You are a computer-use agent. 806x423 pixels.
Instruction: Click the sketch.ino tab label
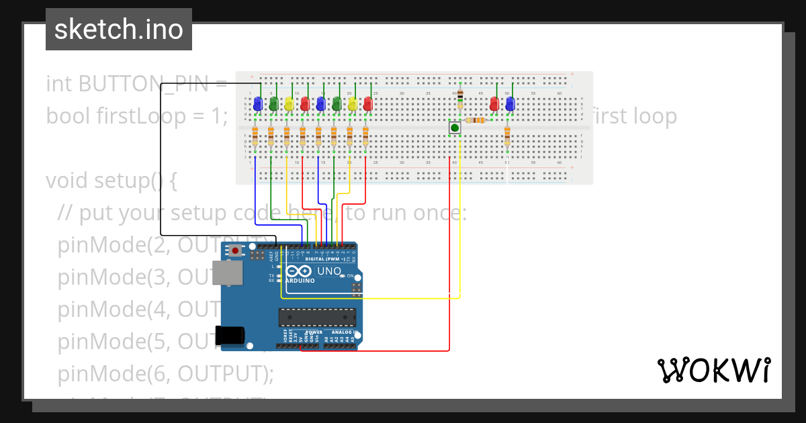(119, 30)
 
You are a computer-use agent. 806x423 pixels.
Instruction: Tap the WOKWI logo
(713, 371)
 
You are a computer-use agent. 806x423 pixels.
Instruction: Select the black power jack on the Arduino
(228, 336)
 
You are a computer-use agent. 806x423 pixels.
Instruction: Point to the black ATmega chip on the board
(317, 318)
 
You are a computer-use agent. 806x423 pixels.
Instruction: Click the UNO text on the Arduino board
(329, 271)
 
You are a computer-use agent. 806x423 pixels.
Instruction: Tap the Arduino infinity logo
(298, 271)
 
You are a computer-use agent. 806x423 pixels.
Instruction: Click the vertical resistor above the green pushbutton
(460, 100)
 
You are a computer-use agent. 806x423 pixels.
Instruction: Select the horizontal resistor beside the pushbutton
(476, 120)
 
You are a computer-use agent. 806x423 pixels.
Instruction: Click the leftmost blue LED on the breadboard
(257, 104)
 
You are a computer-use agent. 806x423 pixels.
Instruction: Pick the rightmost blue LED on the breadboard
(510, 104)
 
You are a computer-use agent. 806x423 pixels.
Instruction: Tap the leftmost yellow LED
(289, 104)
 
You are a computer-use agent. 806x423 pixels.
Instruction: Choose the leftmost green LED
(273, 104)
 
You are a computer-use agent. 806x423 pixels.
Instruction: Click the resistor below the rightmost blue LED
(507, 137)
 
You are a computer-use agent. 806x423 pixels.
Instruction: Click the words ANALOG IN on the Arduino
(343, 332)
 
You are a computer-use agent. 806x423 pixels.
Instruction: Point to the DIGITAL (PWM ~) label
(325, 258)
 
